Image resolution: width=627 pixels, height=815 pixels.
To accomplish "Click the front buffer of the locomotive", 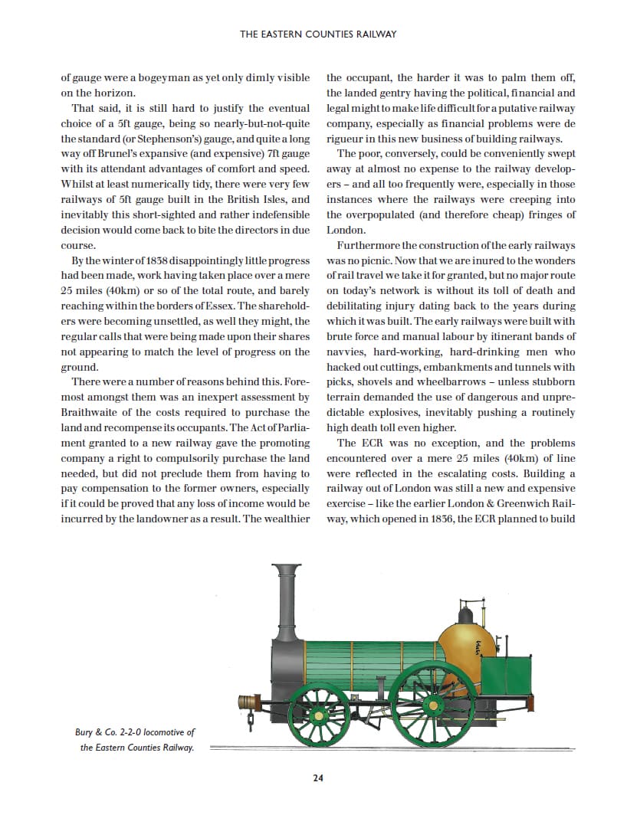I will pyautogui.click(x=247, y=700).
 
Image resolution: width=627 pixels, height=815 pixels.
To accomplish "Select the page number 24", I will pyautogui.click(x=318, y=778).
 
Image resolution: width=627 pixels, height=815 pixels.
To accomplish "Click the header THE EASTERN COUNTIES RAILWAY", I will pyautogui.click(x=318, y=34).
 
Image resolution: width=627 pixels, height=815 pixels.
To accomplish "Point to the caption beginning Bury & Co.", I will pyautogui.click(x=130, y=740).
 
